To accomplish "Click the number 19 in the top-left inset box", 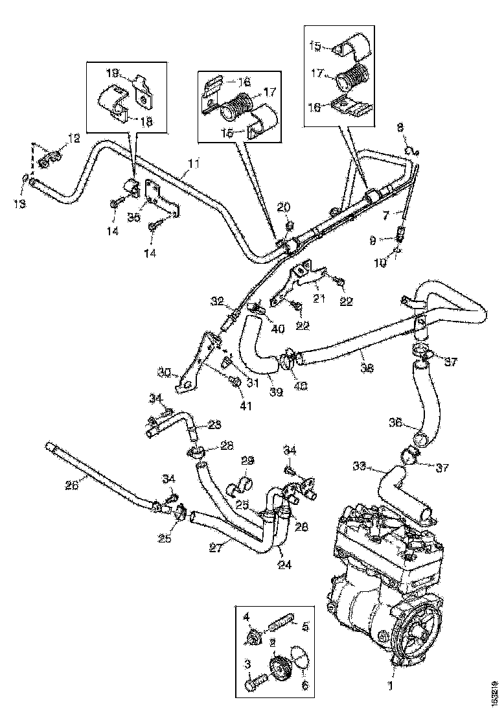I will point(113,73).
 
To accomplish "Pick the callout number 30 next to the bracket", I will point(163,371).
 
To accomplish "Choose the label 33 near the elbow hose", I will point(360,466).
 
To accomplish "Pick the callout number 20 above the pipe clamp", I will point(283,207).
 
